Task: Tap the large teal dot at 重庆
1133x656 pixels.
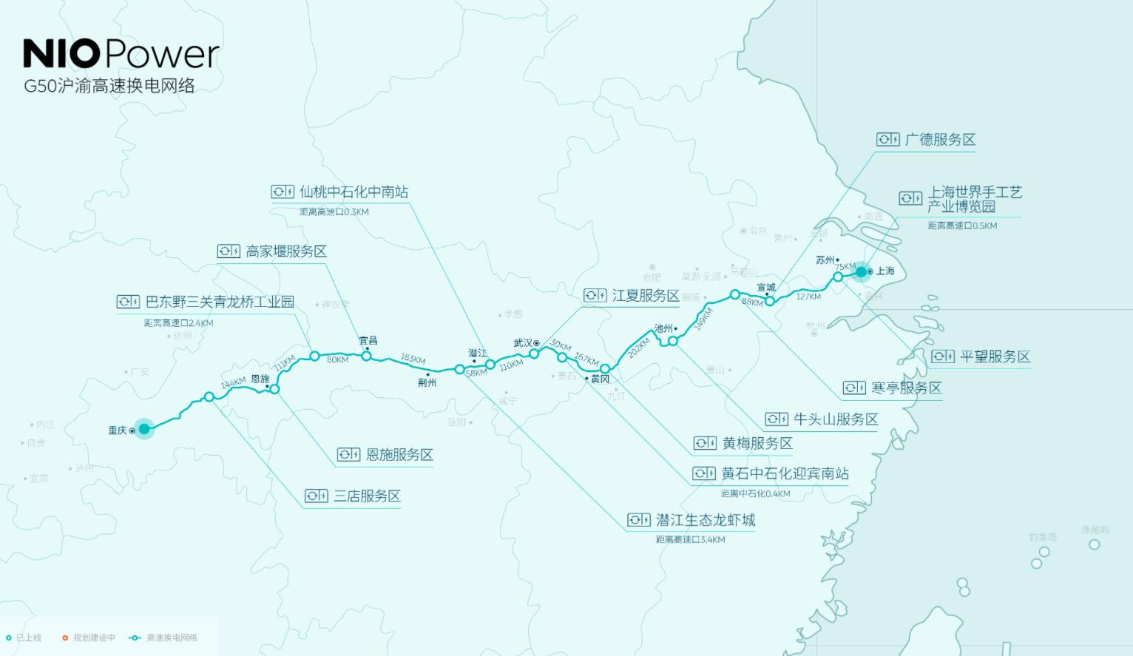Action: pos(144,428)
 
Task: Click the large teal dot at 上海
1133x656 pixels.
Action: pos(861,272)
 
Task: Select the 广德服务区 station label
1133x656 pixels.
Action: pos(940,140)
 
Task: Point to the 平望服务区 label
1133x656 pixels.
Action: pos(995,356)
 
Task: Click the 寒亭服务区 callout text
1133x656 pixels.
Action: pos(906,388)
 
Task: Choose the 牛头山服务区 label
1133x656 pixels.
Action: pos(836,419)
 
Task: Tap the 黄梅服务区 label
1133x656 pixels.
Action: pos(757,443)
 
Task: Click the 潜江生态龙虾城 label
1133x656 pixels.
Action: pos(706,520)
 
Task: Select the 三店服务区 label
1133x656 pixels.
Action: pos(367,496)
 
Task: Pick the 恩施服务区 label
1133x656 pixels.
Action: pos(399,454)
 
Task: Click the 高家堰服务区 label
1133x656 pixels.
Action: pos(286,251)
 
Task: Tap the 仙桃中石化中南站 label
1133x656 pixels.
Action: pos(354,192)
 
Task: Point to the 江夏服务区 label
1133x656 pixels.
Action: pos(645,296)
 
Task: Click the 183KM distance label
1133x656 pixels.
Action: pos(413,359)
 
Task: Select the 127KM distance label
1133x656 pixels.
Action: pos(808,297)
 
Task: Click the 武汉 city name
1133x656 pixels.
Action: pos(523,343)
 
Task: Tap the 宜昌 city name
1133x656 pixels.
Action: pos(368,341)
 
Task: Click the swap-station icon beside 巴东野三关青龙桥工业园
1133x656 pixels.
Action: pos(128,302)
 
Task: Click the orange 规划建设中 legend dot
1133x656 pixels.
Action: pos(65,638)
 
